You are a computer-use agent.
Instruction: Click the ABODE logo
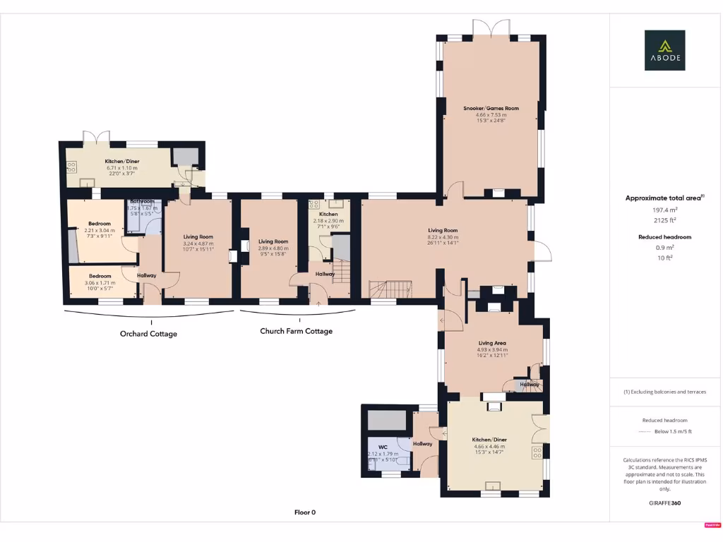click(664, 50)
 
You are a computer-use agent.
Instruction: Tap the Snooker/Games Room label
click(491, 108)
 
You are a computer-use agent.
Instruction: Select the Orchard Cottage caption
click(148, 334)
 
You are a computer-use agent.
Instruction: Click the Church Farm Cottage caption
click(296, 331)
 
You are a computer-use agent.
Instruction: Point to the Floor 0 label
click(305, 512)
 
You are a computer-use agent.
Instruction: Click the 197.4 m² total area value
click(664, 210)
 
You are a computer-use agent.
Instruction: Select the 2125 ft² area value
click(664, 220)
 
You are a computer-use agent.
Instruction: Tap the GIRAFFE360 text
click(664, 503)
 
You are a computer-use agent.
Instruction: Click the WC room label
click(383, 447)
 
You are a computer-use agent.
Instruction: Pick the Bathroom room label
click(142, 201)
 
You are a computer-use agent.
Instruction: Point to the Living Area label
click(492, 343)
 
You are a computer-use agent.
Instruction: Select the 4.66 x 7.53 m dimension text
click(491, 115)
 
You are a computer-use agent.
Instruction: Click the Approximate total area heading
click(664, 198)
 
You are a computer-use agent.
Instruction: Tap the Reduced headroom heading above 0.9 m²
click(664, 237)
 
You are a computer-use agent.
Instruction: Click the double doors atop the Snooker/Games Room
click(491, 28)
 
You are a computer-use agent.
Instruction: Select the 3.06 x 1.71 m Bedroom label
click(100, 276)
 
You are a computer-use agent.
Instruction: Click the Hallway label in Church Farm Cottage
click(325, 274)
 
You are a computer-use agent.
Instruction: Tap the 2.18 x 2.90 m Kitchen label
click(328, 214)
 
